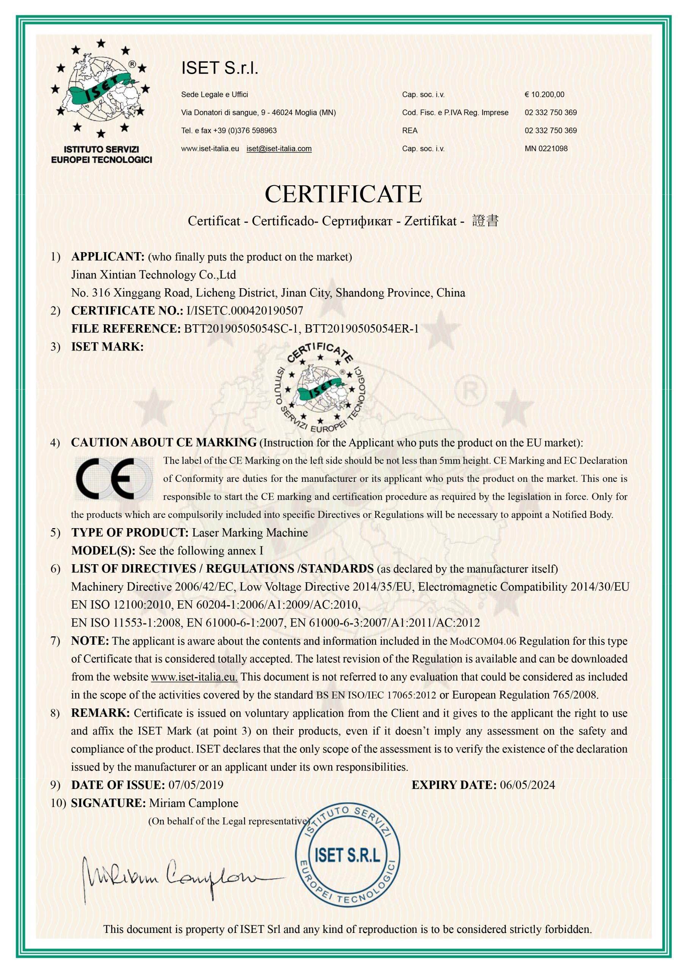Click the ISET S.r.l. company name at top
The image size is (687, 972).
(220, 68)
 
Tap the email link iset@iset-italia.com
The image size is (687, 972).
(279, 148)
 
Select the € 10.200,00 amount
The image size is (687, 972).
(544, 95)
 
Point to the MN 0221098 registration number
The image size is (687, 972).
(546, 148)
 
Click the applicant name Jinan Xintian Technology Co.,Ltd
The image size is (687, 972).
(154, 275)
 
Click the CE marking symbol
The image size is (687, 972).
(114, 479)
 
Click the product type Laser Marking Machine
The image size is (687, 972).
(250, 533)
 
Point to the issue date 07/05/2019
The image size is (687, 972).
(196, 785)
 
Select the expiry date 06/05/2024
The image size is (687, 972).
(527, 785)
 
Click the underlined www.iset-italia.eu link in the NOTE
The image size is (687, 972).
(194, 677)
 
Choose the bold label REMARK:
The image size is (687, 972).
(100, 713)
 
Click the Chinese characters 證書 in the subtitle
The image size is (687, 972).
(485, 221)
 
